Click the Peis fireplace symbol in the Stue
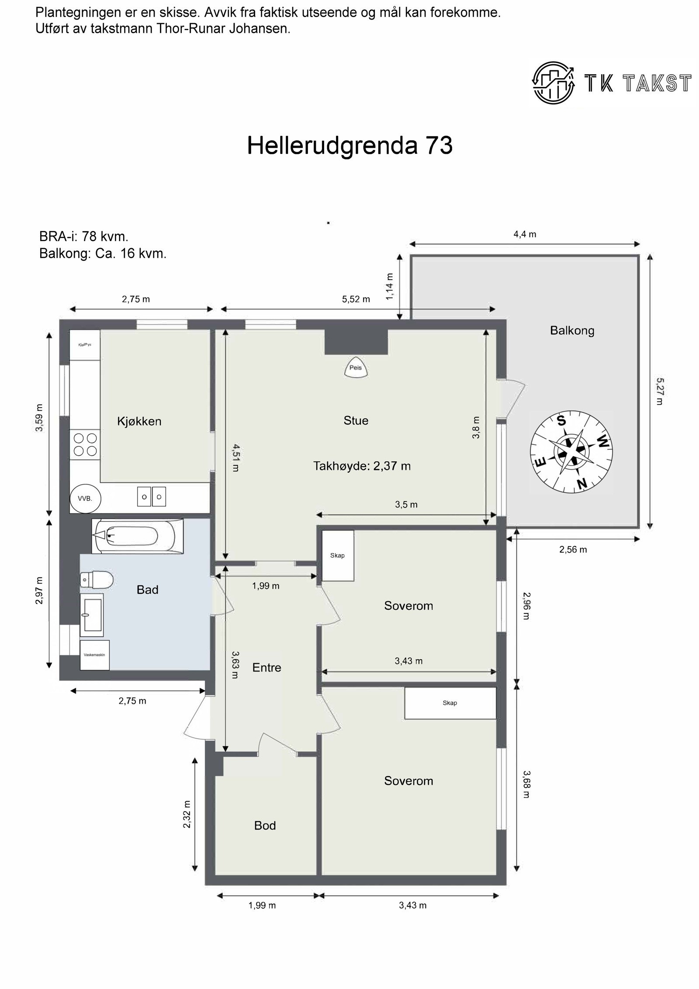coord(355,367)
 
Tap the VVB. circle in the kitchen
coord(85,498)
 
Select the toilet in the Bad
coord(97,580)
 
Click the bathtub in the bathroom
coord(137,536)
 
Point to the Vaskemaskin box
coord(94,655)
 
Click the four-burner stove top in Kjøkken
coord(85,444)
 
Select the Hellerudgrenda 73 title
coord(349,145)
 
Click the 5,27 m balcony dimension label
coord(659,391)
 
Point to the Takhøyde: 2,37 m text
coord(362,466)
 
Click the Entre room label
coord(266,667)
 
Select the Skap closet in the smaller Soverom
coord(337,555)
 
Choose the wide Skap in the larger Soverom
coord(450,703)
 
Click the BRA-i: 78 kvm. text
coord(84,237)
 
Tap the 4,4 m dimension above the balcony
coord(525,234)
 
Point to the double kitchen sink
coord(152,497)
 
